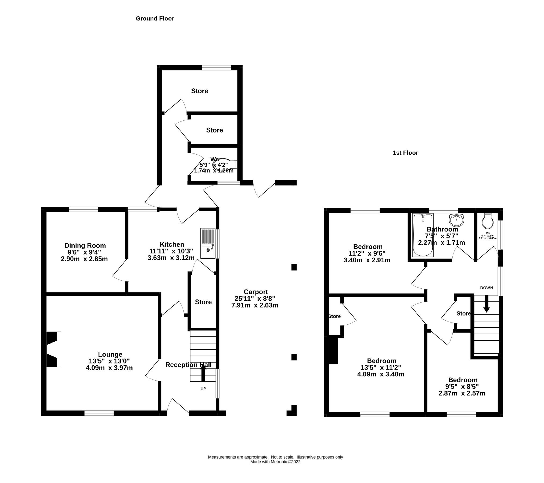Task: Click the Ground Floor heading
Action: click(155, 19)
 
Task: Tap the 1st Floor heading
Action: click(405, 153)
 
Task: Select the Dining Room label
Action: click(85, 245)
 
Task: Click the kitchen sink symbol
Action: click(208, 243)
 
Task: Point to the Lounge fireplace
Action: click(53, 349)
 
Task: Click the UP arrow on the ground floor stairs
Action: click(203, 374)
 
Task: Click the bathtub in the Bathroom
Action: click(423, 235)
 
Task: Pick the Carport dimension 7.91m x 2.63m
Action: click(255, 305)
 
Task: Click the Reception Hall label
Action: click(188, 365)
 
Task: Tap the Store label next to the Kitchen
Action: click(203, 302)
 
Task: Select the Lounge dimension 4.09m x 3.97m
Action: click(109, 368)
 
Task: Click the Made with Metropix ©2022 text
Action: click(275, 462)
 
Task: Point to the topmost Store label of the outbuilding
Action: click(199, 91)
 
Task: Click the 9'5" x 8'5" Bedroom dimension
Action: click(462, 387)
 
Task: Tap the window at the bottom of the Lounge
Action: click(99, 413)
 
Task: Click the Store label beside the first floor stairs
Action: click(463, 313)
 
